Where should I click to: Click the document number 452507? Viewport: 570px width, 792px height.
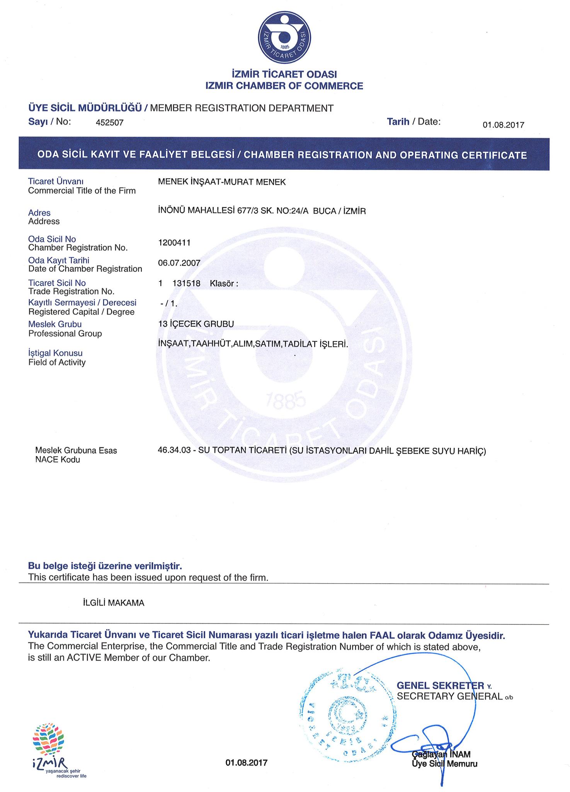(x=109, y=123)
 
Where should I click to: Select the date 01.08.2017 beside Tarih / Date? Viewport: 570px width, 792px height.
(x=503, y=125)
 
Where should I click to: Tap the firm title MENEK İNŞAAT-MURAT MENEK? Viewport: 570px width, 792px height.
(x=222, y=182)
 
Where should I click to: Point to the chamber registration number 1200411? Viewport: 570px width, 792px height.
(x=174, y=242)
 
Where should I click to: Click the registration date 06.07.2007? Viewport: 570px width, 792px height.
(x=179, y=263)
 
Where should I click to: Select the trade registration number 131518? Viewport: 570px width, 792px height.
(x=186, y=283)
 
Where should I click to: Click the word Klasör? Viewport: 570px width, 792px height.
(x=222, y=283)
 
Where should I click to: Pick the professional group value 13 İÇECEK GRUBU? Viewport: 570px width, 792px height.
(x=196, y=324)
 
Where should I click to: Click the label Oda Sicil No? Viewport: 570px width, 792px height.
(x=52, y=239)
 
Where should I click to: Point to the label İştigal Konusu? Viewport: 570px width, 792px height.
(x=55, y=353)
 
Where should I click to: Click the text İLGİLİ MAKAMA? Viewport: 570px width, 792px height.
(x=114, y=603)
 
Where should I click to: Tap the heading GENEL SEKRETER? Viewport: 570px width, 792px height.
(x=440, y=686)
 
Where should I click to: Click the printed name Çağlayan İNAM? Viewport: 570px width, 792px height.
(x=441, y=754)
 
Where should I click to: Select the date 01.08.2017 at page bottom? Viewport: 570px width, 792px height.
(x=246, y=763)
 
